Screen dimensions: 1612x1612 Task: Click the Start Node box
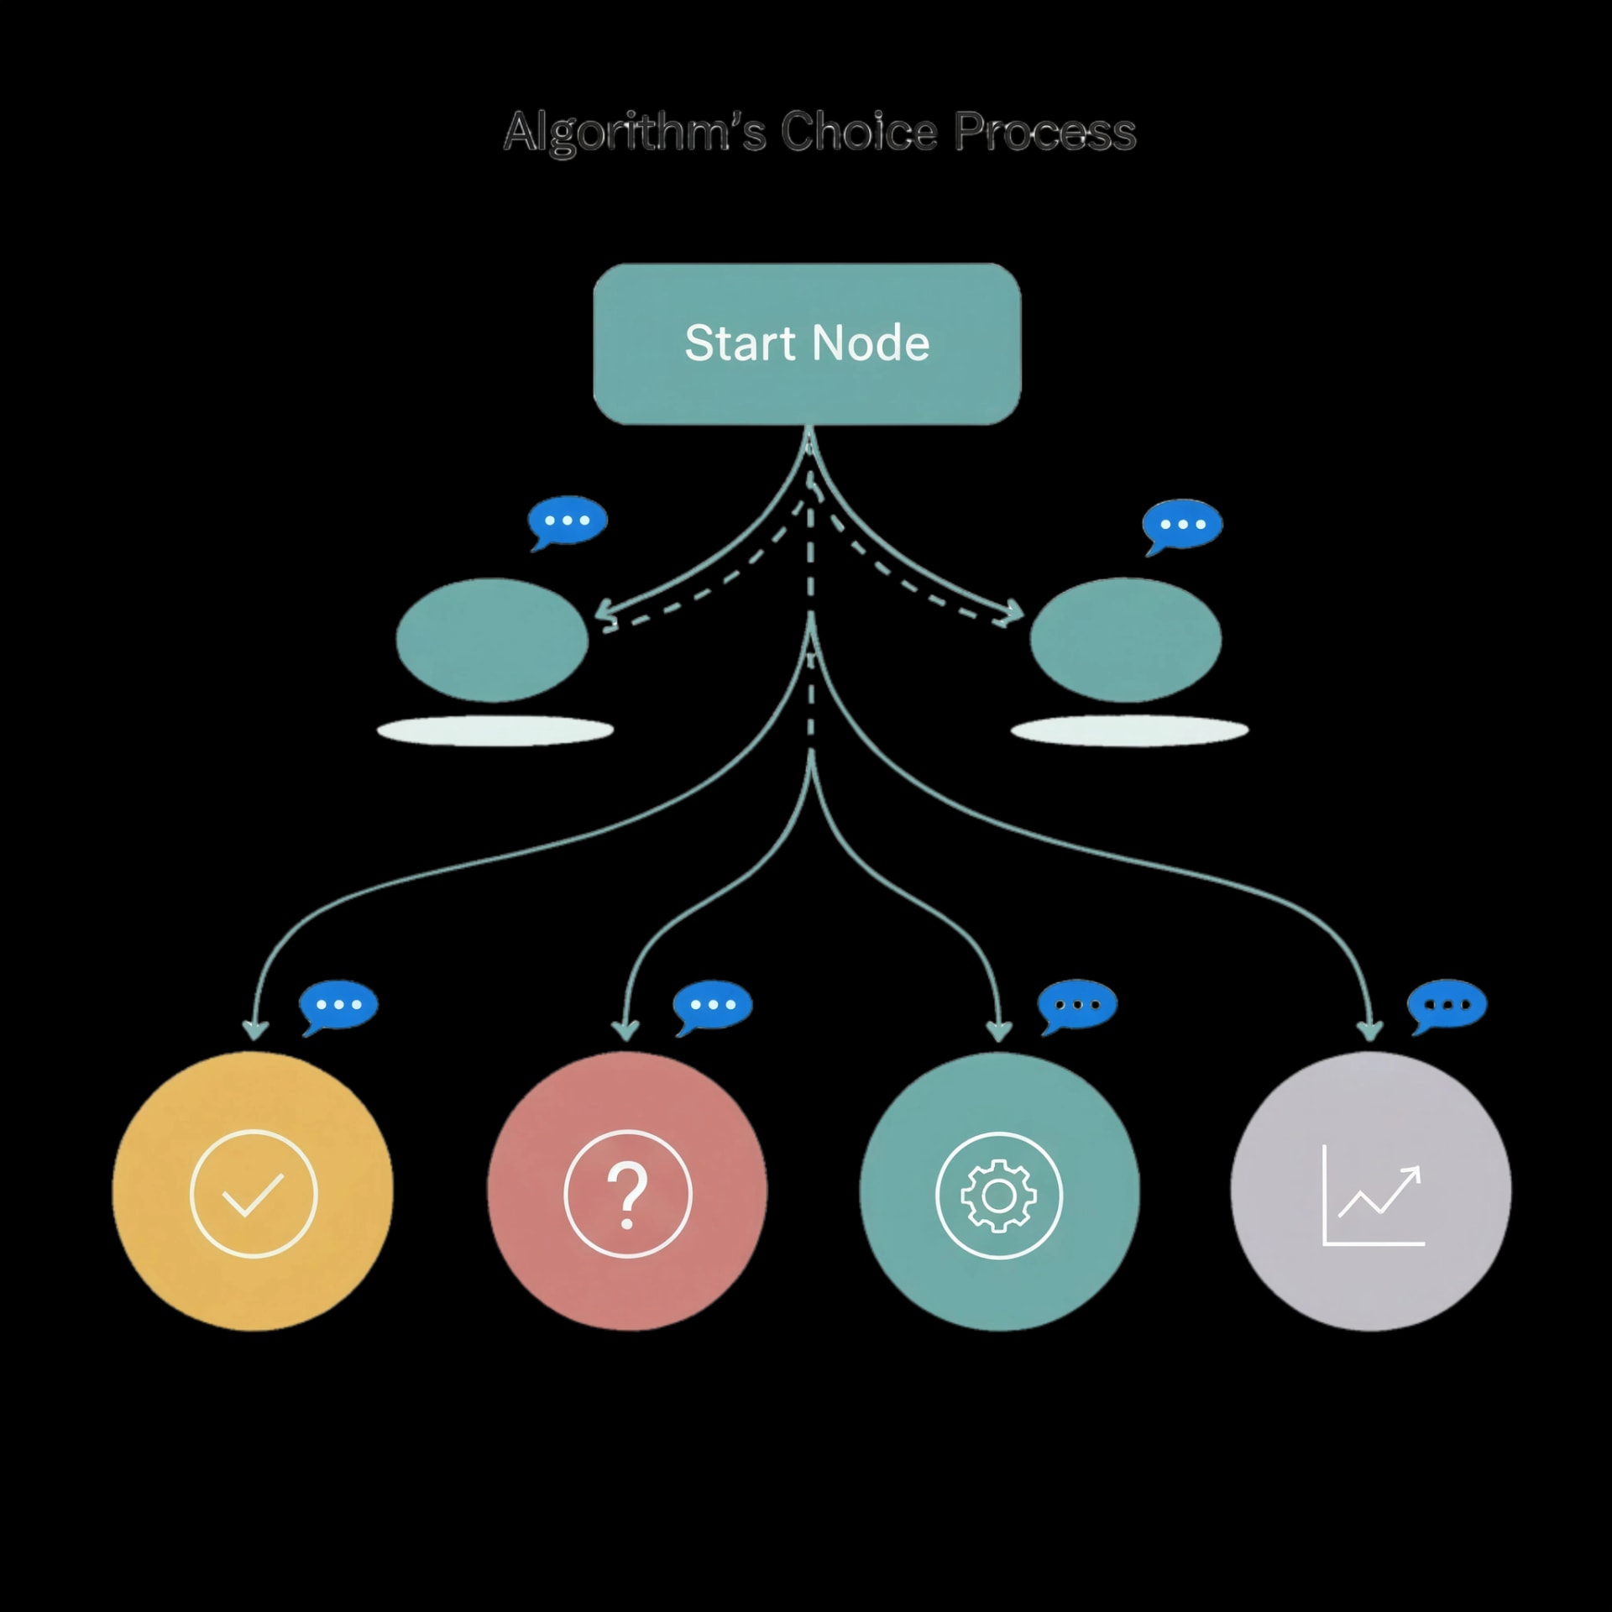807,343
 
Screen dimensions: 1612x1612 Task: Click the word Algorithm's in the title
634,132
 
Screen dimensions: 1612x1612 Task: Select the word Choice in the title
858,132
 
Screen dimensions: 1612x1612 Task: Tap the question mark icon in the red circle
627,1193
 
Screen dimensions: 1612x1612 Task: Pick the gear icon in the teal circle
998,1195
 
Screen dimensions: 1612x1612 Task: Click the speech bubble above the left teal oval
567,521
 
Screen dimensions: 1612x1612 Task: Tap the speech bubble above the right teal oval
1181,526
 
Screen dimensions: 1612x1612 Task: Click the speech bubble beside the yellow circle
338,1005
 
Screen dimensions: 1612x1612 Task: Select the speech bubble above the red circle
712,1005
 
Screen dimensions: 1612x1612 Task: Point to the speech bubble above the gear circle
1077,1005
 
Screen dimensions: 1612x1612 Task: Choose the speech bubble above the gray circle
1447,1005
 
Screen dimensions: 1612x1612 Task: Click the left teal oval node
492,640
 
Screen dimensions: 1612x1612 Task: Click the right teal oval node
1125,640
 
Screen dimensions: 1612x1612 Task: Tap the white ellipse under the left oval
495,730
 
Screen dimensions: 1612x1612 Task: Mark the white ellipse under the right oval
1129,730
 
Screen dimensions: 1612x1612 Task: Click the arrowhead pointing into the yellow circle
255,1029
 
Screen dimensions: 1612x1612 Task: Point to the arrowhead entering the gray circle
1370,1029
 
